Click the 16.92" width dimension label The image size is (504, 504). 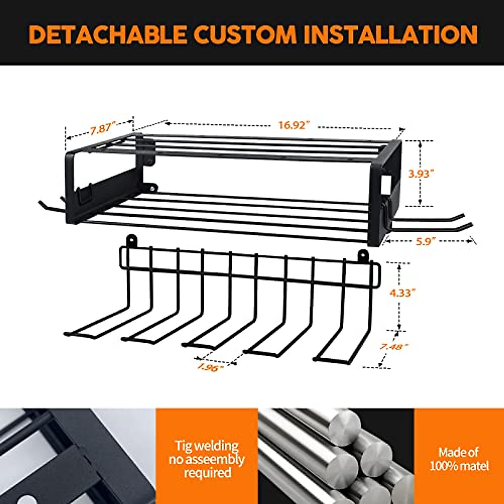tap(294, 125)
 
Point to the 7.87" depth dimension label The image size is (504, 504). tap(100, 129)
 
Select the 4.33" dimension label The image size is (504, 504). tap(402, 293)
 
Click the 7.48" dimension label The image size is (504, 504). tap(394, 346)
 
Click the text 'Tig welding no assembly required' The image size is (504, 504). tap(207, 459)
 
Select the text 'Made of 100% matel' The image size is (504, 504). tap(459, 459)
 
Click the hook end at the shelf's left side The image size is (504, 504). tap(46, 206)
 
